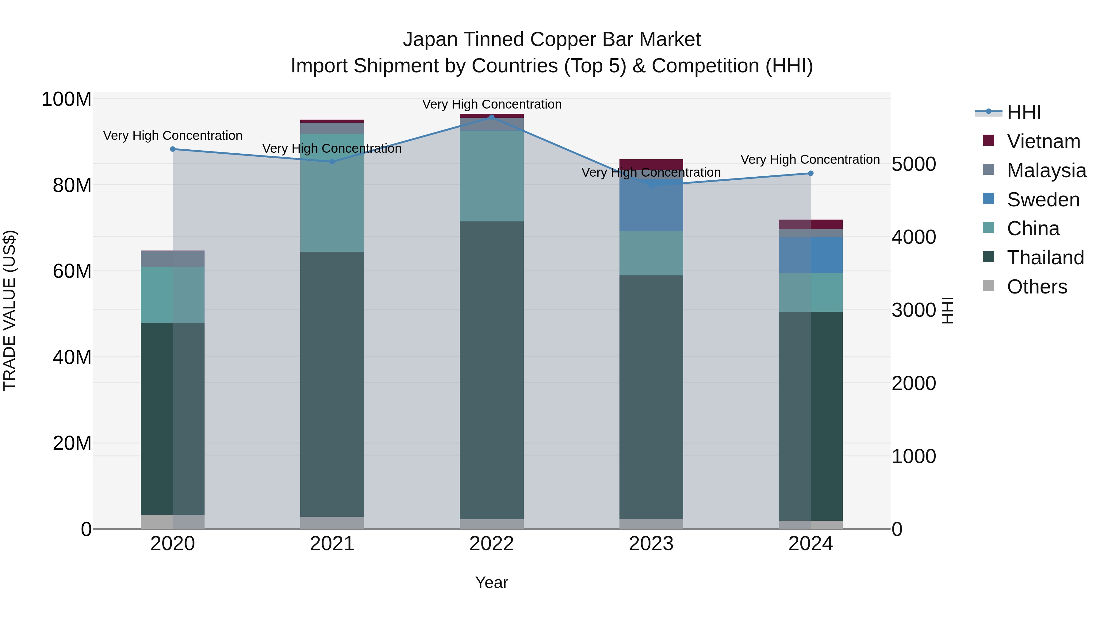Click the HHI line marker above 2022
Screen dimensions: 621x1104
[x=492, y=117]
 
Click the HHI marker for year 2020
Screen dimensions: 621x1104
[x=173, y=149]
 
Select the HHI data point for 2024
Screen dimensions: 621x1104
[x=811, y=173]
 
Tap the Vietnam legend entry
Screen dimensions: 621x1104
[x=1043, y=141]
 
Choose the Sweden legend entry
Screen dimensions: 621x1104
[x=1043, y=200]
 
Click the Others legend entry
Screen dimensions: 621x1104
[x=1037, y=287]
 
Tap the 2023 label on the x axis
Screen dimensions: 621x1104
[x=651, y=544]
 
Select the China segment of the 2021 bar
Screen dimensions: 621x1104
[x=332, y=193]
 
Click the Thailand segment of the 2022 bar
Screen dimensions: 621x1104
[x=492, y=369]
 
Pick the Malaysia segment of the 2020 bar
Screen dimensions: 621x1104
[x=173, y=259]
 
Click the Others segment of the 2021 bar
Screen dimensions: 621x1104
[x=332, y=523]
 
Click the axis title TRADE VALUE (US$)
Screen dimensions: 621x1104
[x=10, y=310]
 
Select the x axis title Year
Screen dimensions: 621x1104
[x=492, y=582]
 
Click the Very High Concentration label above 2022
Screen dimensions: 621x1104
[x=492, y=104]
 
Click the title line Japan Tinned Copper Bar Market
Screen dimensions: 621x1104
[x=552, y=40]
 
